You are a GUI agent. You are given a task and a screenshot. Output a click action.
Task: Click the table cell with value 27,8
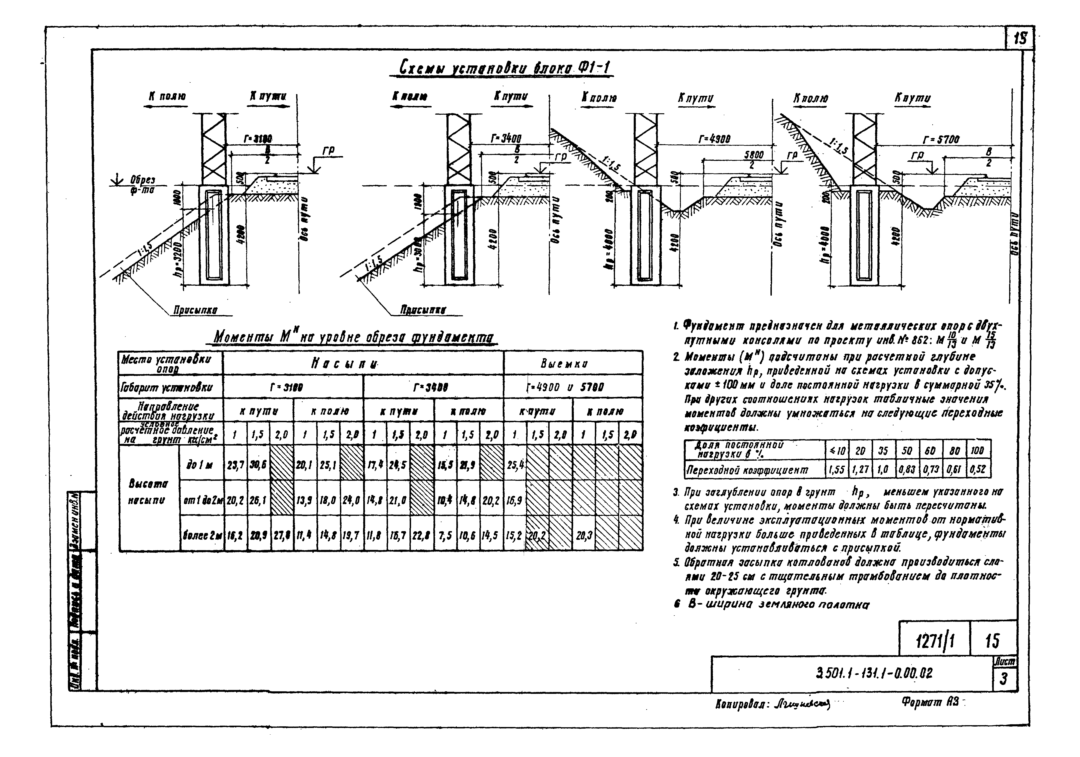[281, 535]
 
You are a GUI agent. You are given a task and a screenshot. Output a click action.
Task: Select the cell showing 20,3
[583, 535]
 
